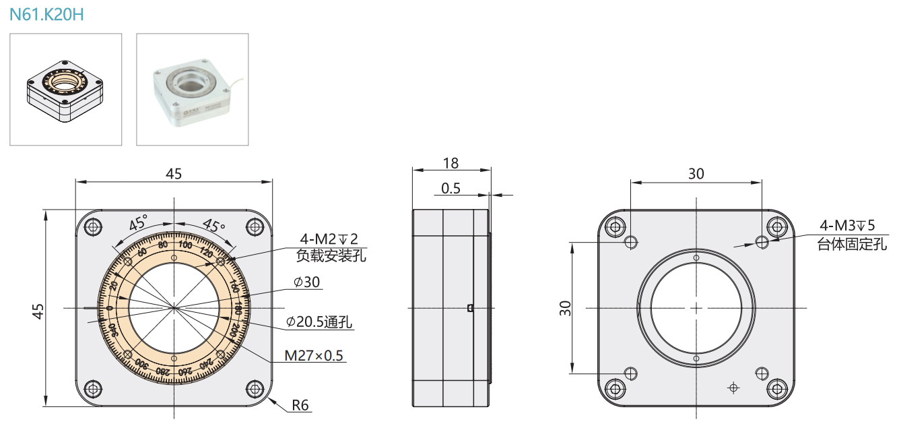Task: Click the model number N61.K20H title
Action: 46,14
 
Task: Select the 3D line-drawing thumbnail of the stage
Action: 65,89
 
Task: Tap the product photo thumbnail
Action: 193,89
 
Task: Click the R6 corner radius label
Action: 300,406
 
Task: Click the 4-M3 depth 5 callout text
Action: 846,226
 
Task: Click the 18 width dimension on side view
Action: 451,162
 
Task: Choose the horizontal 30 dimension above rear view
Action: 696,173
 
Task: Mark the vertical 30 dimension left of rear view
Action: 565,308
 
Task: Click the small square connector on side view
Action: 470,309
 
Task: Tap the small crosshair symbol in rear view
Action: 733,388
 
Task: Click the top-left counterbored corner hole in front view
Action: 92,226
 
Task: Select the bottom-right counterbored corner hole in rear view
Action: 778,389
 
